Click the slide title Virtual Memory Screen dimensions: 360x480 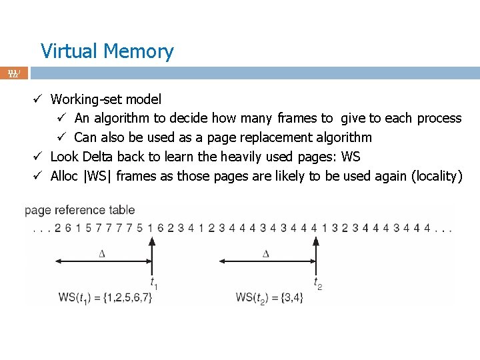pyautogui.click(x=107, y=51)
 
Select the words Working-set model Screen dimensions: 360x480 pyautogui.click(x=106, y=99)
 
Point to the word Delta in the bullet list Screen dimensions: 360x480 pyautogui.click(x=98, y=157)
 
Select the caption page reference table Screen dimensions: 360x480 pyautogui.click(x=79, y=211)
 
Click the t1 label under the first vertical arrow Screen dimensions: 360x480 pyautogui.click(x=153, y=284)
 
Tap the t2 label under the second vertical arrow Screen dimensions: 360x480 pyautogui.click(x=318, y=284)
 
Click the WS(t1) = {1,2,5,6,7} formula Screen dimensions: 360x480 pyautogui.click(x=105, y=297)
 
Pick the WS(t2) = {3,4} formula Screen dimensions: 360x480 pyautogui.click(x=269, y=297)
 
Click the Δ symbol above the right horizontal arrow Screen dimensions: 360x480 pyautogui.click(x=266, y=253)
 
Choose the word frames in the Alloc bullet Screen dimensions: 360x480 pyautogui.click(x=136, y=176)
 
